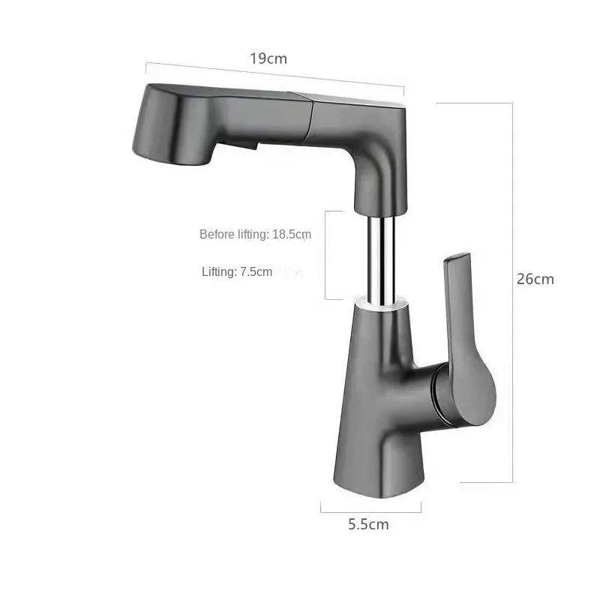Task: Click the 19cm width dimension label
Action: [268, 58]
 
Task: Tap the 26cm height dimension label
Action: [535, 279]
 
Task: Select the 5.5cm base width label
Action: [368, 524]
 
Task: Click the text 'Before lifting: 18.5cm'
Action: [255, 234]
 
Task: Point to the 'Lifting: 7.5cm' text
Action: [237, 271]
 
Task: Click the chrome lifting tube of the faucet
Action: [380, 254]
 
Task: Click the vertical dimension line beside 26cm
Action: [513, 292]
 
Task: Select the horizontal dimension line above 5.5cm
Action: [370, 511]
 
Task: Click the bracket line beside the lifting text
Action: [325, 255]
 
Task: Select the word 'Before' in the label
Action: [217, 234]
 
